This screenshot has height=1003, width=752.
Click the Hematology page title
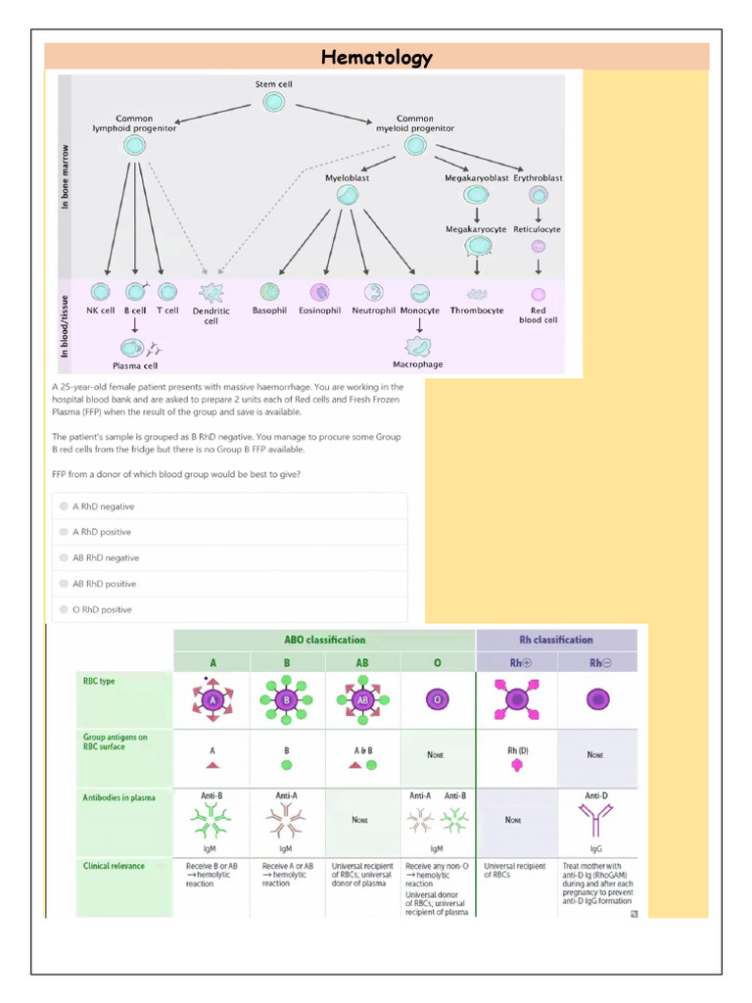coord(377,58)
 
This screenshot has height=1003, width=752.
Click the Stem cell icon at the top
coord(274,101)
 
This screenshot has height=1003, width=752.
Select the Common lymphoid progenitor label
coord(134,123)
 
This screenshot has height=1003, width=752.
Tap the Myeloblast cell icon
coord(347,196)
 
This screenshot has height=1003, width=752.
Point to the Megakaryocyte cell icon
coord(476,246)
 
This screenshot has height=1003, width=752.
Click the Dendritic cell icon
coord(211,292)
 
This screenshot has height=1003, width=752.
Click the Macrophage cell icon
coord(418,345)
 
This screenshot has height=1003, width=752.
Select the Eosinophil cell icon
coord(319,292)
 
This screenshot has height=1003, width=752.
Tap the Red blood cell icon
coord(538,294)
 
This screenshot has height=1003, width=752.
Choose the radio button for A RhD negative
coord(64,506)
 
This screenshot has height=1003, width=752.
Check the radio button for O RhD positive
coord(64,609)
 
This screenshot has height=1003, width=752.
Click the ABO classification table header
coord(324,640)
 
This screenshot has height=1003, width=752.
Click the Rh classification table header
coord(556,640)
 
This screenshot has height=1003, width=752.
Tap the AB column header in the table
coord(362,663)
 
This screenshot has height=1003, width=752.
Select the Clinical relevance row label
coord(114,866)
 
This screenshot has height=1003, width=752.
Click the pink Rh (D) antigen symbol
coord(517,764)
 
